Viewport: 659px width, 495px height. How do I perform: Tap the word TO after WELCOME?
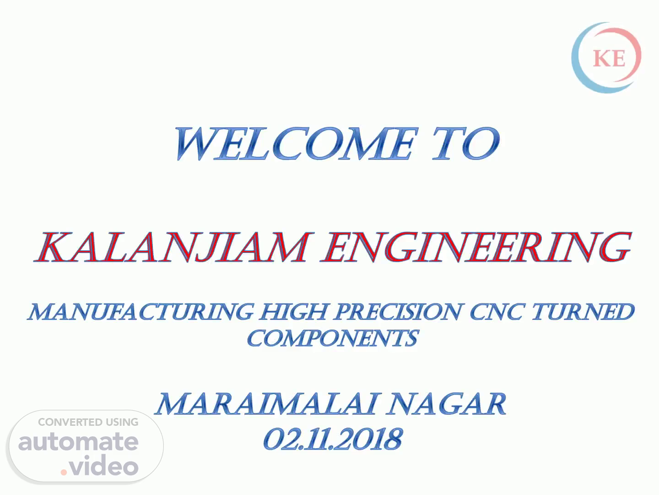tap(466, 143)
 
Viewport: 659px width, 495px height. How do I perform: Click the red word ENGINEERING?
tap(476, 247)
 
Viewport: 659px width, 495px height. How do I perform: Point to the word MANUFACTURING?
tap(140, 312)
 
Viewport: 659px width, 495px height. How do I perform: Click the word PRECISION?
tap(398, 312)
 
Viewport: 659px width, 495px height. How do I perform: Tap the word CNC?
tap(497, 312)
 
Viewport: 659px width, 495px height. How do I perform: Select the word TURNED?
tap(583, 312)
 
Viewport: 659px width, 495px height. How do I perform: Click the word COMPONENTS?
tap(333, 338)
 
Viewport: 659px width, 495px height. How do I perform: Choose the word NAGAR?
tap(447, 404)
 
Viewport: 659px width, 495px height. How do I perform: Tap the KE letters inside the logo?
tap(609, 58)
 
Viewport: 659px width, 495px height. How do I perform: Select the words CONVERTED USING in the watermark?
tap(88, 422)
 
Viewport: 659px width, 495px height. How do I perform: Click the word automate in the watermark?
tap(78, 442)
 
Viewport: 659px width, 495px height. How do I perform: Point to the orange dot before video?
tap(64, 472)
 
